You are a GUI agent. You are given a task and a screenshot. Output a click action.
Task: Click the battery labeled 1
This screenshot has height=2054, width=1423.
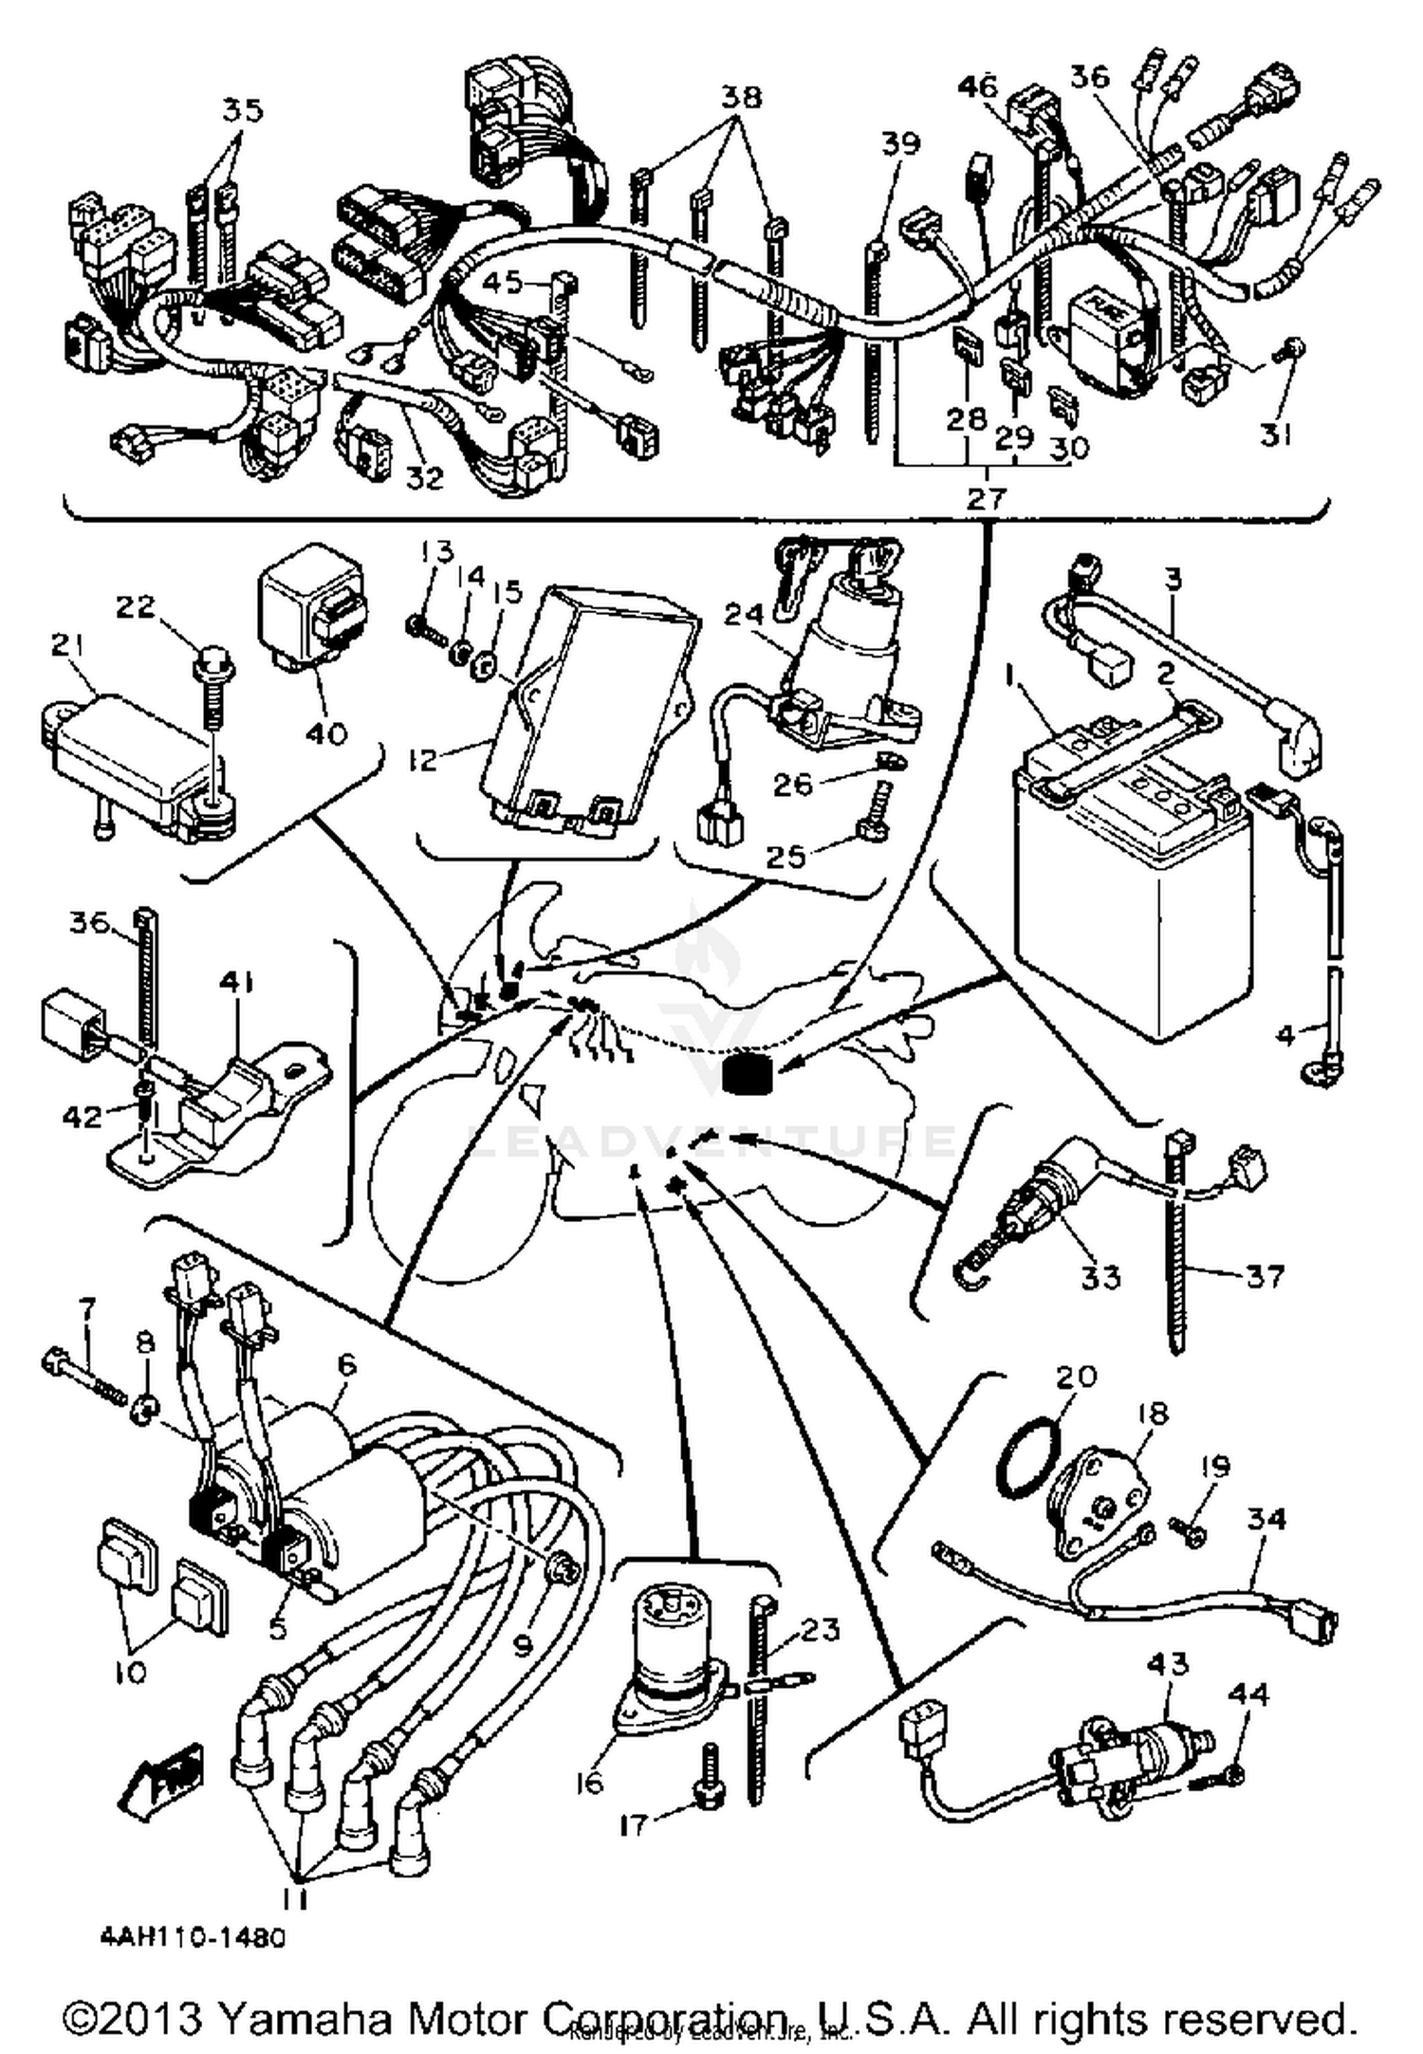1119,911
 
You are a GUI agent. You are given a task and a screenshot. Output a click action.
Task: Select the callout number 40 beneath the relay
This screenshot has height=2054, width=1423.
325,732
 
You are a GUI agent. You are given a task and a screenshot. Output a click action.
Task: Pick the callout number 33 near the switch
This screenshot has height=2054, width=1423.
1100,1276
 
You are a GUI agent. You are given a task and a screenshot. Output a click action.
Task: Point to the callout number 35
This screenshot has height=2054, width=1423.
242,110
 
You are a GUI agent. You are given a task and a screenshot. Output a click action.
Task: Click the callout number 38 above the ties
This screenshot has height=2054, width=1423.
742,96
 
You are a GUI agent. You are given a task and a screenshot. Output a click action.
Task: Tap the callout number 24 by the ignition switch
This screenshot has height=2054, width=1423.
745,616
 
